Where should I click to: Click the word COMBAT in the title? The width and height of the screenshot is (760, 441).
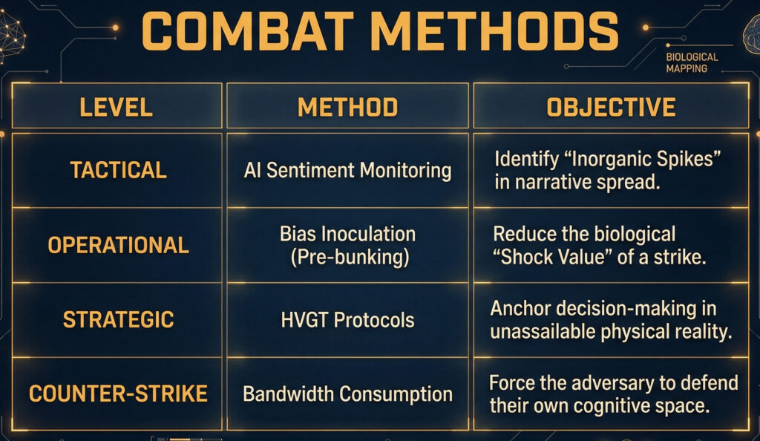[x=247, y=31]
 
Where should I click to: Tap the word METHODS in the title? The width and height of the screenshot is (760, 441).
[x=497, y=31]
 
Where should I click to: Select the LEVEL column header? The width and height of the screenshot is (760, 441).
[x=117, y=107]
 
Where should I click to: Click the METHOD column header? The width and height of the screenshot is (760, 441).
[x=347, y=107]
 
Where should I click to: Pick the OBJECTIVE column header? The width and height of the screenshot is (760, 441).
[x=611, y=107]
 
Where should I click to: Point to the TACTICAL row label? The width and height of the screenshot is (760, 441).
[x=119, y=170]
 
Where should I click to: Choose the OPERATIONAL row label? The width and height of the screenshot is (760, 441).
[x=118, y=245]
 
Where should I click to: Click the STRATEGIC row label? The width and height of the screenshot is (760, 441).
[x=118, y=319]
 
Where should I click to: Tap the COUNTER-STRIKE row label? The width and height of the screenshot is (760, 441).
[x=118, y=393]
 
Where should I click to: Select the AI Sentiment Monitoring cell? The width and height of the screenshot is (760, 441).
[x=347, y=171]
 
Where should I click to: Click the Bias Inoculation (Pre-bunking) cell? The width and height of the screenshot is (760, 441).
[x=348, y=245]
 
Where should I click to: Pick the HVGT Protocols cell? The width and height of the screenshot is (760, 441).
[x=347, y=320]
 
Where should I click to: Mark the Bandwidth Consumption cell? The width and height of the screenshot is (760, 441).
[x=347, y=394]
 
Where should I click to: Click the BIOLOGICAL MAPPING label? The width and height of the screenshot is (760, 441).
[x=692, y=62]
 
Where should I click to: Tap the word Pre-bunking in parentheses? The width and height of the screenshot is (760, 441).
[x=350, y=257]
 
